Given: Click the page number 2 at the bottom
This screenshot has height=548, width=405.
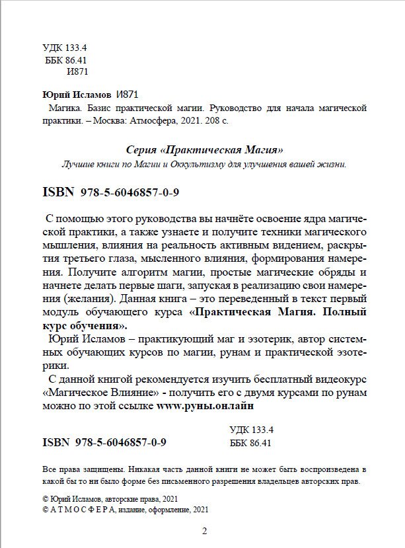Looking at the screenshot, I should point(203,531).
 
